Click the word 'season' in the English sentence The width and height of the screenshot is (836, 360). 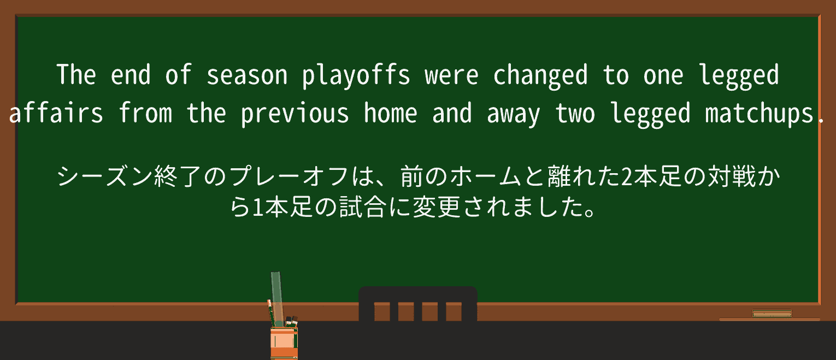(246, 75)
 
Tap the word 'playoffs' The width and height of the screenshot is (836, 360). (356, 76)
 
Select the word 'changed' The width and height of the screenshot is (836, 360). (540, 76)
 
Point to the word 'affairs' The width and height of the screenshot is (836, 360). (56, 113)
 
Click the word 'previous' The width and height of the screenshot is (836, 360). (295, 114)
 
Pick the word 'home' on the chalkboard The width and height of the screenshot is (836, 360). (390, 113)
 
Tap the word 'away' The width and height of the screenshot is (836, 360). (513, 115)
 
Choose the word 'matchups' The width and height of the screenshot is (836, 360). (759, 114)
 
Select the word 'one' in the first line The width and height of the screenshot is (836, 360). (663, 76)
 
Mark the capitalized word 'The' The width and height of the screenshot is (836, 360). (76, 74)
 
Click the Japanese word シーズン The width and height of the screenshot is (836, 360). (104, 176)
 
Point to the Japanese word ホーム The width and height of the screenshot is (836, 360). (486, 176)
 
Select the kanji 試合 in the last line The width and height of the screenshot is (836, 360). (363, 207)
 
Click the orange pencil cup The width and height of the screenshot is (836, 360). (284, 343)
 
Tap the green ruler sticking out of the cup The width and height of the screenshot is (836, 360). (276, 298)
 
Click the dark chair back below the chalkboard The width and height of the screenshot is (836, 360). (418, 304)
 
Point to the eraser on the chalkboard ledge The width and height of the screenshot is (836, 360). (772, 314)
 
